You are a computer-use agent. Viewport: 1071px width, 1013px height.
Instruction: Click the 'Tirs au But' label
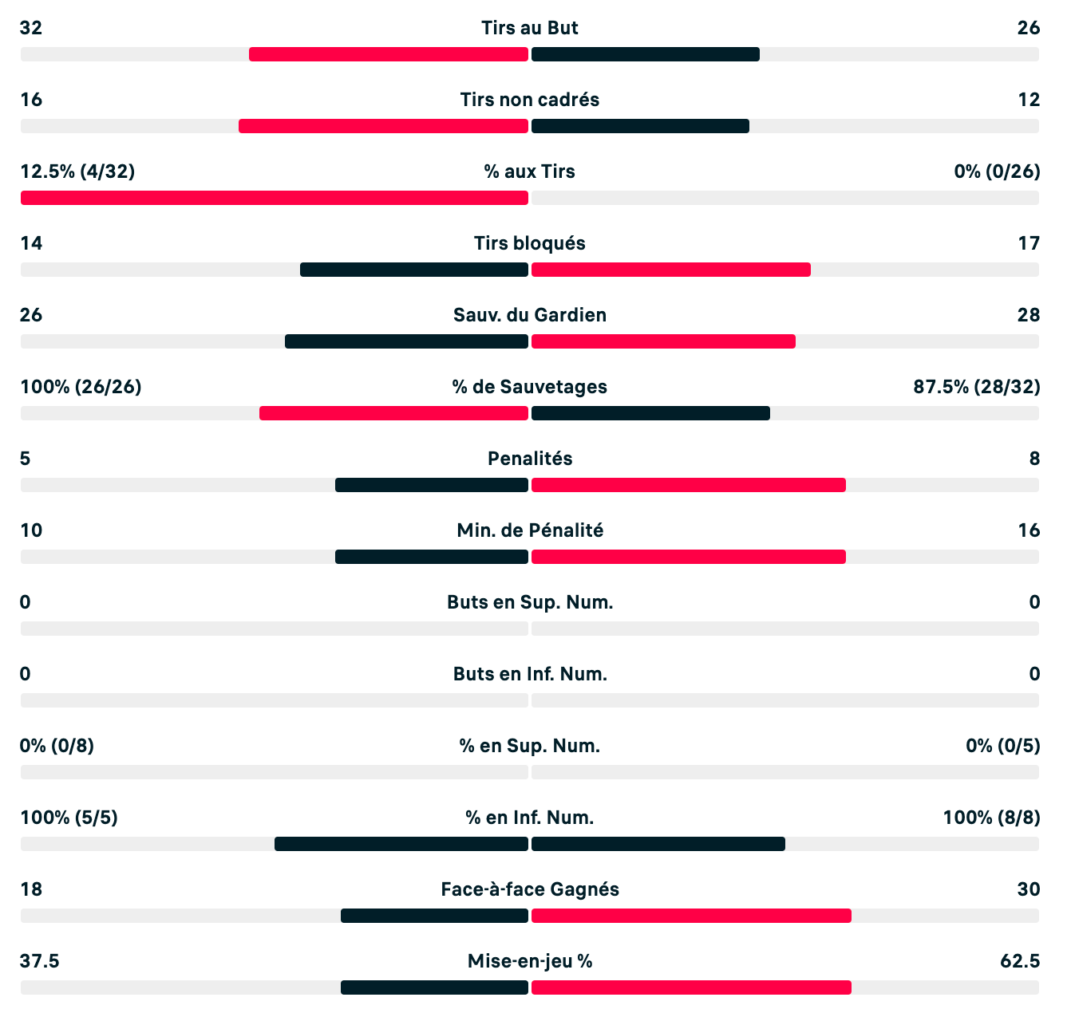click(x=529, y=28)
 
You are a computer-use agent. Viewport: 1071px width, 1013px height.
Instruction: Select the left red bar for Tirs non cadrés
click(x=383, y=126)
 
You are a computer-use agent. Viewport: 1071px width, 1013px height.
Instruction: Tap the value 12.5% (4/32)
click(x=77, y=171)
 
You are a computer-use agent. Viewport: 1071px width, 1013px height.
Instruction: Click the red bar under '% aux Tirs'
click(x=275, y=198)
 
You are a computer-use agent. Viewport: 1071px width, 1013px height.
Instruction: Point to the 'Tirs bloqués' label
click(x=529, y=243)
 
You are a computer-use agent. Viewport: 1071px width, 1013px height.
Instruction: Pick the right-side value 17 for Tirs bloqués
click(x=1029, y=243)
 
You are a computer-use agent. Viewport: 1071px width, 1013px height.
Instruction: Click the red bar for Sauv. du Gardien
click(x=663, y=341)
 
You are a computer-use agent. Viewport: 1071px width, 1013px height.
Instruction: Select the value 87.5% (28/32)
click(x=976, y=387)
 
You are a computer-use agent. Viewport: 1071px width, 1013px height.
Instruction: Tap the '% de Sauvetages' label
click(x=529, y=387)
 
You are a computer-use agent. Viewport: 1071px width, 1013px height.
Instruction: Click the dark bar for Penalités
click(x=432, y=485)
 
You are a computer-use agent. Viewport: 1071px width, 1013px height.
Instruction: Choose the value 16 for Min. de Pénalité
click(x=1029, y=530)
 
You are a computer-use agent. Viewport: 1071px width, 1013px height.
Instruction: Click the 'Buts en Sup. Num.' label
click(x=529, y=602)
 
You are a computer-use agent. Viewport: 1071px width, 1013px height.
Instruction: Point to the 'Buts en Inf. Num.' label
click(x=529, y=674)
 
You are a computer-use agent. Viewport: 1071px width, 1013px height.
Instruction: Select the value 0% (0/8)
click(x=57, y=746)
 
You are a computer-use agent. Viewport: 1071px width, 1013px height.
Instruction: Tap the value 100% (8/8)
click(x=991, y=818)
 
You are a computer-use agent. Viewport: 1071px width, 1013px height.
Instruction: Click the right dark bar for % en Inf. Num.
click(x=658, y=844)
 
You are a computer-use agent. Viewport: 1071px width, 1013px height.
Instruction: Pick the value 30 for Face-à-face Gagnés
click(x=1028, y=889)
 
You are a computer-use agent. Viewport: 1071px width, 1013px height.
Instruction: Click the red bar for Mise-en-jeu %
click(x=691, y=987)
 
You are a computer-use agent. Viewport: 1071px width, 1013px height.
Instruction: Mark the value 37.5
click(x=40, y=961)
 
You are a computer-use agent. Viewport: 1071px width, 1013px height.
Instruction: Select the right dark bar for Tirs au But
click(x=646, y=54)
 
